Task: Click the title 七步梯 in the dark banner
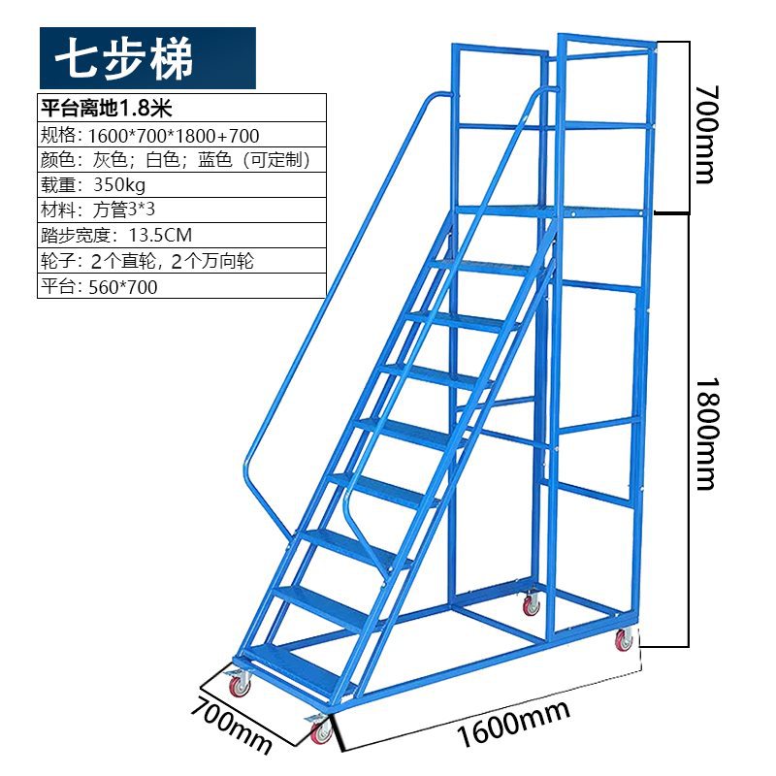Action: [124, 58]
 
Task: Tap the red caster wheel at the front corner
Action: [321, 731]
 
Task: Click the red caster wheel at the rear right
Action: [622, 640]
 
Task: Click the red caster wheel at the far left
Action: [239, 686]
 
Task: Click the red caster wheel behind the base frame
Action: [531, 605]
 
